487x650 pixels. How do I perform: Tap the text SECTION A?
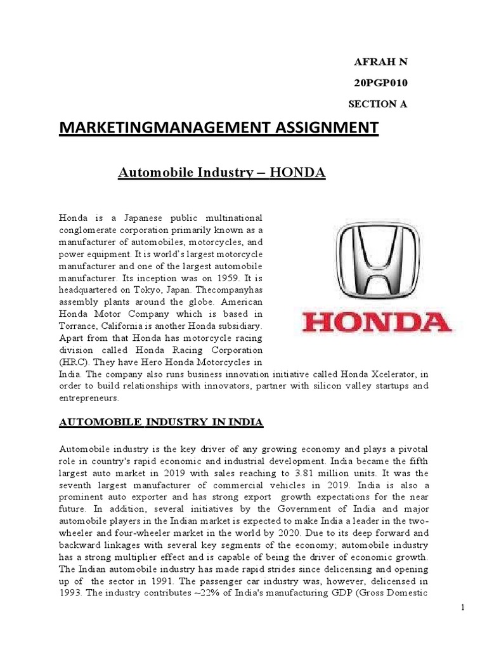point(378,105)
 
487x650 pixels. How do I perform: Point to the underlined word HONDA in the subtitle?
point(297,172)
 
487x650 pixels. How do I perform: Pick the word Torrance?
point(77,326)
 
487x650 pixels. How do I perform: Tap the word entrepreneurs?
point(89,398)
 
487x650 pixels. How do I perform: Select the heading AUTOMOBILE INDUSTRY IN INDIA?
point(161,423)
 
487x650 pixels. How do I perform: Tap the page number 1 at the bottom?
point(462,625)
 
